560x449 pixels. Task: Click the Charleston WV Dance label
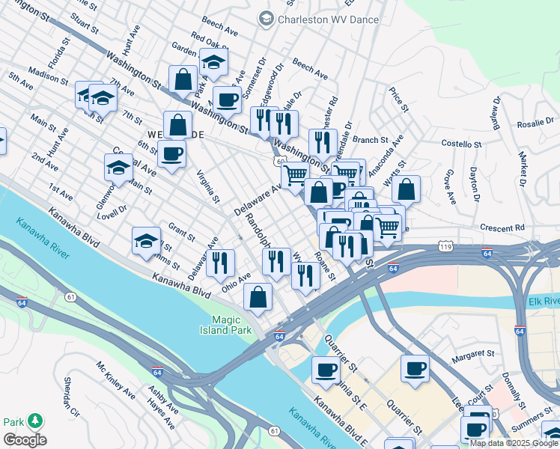click(x=328, y=19)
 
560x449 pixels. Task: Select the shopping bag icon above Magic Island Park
click(x=258, y=296)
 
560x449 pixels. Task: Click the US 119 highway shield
click(x=445, y=245)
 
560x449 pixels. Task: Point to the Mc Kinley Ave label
click(x=115, y=380)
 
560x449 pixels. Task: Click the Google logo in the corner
click(x=24, y=440)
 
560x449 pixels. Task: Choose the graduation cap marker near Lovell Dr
click(x=118, y=168)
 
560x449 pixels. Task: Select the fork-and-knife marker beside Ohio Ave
click(x=220, y=262)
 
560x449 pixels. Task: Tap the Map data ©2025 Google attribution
click(x=514, y=443)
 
